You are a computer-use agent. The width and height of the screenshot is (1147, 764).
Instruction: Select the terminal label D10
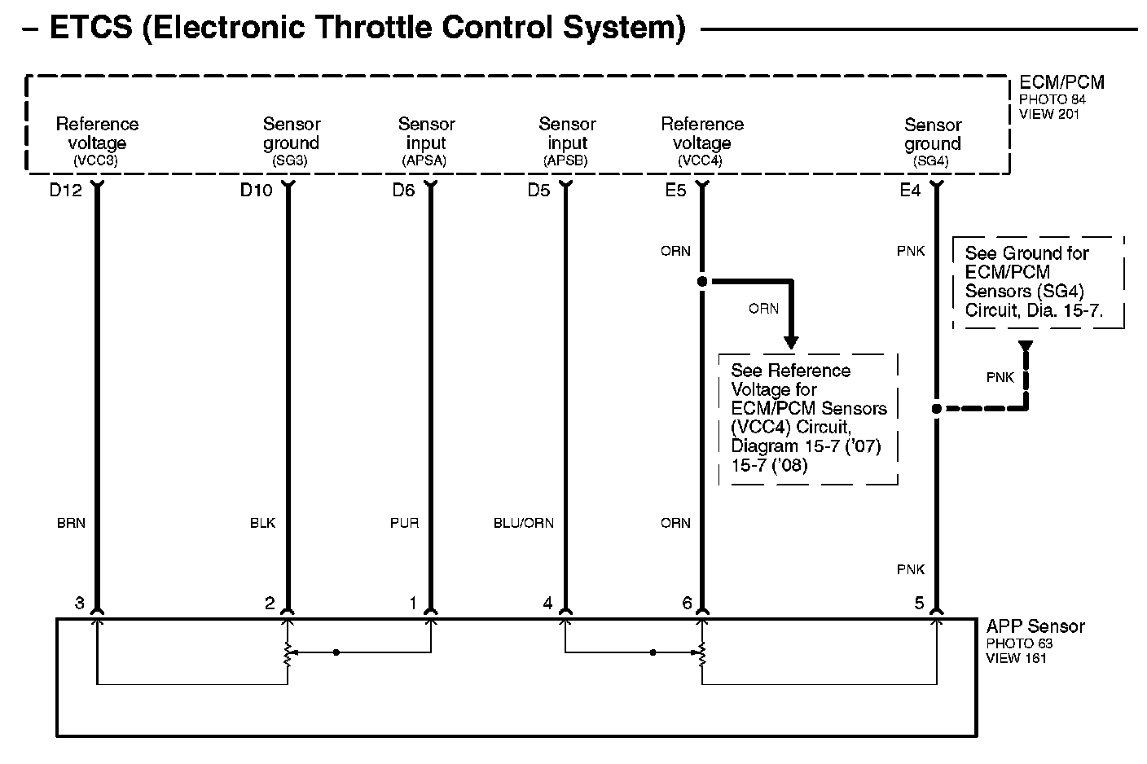(x=256, y=191)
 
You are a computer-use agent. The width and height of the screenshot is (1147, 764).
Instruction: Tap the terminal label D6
(x=404, y=191)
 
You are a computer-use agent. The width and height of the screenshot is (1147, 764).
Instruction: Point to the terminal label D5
(x=538, y=191)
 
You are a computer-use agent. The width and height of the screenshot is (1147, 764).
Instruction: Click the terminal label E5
(x=676, y=191)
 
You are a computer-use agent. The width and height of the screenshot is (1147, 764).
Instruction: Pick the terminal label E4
(x=910, y=191)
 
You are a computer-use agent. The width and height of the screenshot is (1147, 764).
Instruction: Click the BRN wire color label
(x=71, y=523)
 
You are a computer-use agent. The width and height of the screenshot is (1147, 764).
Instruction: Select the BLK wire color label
(x=262, y=523)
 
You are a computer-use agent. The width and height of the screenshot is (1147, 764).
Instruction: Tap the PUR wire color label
(x=404, y=523)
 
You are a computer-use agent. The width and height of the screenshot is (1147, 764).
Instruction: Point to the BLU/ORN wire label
(x=523, y=523)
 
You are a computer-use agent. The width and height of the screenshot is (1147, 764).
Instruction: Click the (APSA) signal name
(x=424, y=161)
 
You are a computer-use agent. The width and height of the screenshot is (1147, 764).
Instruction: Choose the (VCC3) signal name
(x=96, y=161)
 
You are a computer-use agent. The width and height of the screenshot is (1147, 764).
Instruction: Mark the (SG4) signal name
(x=931, y=161)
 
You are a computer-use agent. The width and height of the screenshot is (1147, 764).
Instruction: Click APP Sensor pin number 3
(x=79, y=604)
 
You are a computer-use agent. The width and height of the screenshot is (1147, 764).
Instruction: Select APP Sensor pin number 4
(x=547, y=604)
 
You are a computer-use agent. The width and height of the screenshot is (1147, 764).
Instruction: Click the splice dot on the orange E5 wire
(x=702, y=282)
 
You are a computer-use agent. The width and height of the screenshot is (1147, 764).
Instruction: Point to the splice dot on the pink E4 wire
(x=936, y=409)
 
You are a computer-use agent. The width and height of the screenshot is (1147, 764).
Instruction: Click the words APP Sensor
(x=1035, y=626)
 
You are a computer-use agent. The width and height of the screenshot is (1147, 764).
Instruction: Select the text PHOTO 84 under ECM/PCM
(x=1053, y=99)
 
